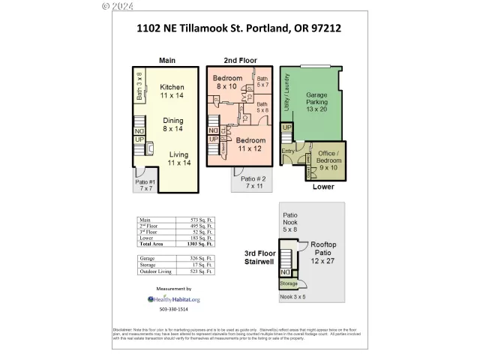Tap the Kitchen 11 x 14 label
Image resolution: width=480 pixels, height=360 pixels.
[172, 91]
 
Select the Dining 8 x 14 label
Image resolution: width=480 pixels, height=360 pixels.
[173, 124]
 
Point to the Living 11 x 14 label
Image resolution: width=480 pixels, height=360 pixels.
[178, 158]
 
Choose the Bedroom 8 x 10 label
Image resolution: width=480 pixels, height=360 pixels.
[227, 82]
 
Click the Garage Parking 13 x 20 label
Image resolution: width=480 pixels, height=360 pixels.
[316, 102]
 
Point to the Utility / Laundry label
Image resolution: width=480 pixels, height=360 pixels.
[285, 99]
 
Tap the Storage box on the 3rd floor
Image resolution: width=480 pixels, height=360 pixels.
[289, 283]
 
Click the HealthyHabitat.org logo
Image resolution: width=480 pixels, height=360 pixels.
[173, 298]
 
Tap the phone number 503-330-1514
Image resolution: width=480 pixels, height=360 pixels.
[173, 309]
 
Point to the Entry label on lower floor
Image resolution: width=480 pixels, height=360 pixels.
[289, 151]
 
